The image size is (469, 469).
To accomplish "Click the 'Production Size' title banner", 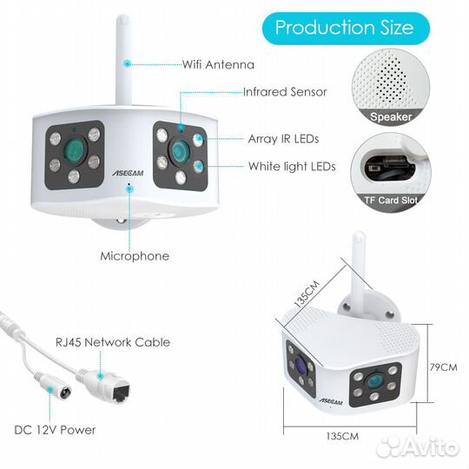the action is [346, 29].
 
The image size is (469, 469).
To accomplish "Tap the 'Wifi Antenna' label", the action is [218, 64].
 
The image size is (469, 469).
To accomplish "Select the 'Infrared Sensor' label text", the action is [285, 92].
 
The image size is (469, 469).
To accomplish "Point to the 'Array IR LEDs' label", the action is [283, 139].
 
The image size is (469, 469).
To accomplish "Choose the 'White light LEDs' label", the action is [292, 166].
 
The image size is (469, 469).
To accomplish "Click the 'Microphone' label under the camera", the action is [135, 256].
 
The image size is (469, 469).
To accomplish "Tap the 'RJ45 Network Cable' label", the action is [113, 342].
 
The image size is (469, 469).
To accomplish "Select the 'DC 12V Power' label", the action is [55, 430].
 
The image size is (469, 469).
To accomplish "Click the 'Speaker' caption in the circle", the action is [391, 116].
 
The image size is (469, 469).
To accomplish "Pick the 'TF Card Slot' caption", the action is [390, 200].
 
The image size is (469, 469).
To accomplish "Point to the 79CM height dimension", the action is [444, 367].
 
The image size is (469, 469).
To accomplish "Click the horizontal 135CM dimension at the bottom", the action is [342, 436].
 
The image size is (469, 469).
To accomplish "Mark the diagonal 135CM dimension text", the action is [307, 294].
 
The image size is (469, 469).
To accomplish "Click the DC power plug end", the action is [63, 392].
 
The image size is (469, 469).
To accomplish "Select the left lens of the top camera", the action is [74, 149].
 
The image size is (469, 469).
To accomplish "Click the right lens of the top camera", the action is [179, 150].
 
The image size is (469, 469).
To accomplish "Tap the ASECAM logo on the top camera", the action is [128, 173].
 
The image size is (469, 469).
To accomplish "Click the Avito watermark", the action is [418, 447].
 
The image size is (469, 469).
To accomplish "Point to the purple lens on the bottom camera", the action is [301, 366].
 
